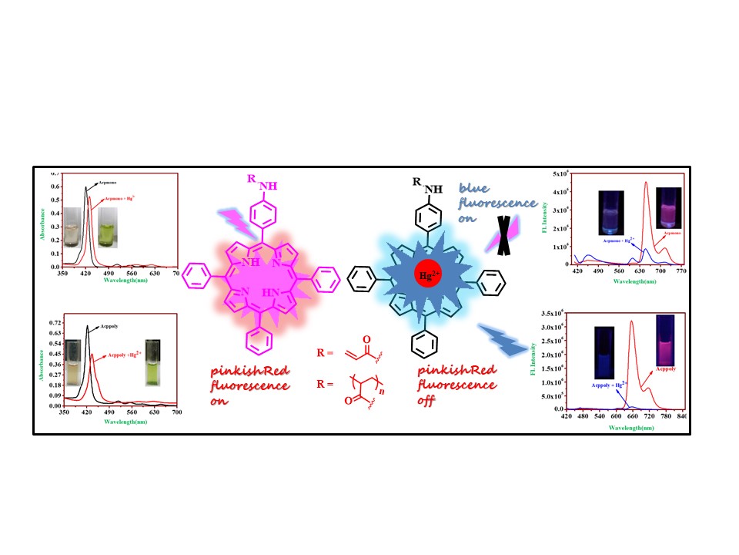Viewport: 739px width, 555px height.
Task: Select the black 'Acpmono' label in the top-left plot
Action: [109, 185]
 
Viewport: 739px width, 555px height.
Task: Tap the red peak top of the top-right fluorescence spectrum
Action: [646, 183]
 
